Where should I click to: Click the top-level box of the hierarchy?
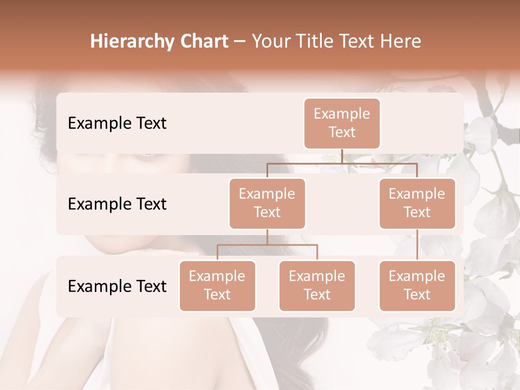coord(342,123)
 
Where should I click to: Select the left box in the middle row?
coord(267,203)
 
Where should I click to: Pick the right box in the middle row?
coord(417,203)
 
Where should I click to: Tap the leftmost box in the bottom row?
coord(217,285)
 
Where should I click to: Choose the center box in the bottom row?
coord(317,285)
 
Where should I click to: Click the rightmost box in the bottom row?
coord(417,285)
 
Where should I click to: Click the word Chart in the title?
coord(203,41)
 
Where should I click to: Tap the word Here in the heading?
coord(400,41)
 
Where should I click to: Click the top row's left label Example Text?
coord(117,123)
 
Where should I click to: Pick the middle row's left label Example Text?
coord(117,204)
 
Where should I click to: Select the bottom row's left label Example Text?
coord(117,286)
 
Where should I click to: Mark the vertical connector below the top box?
coord(342,156)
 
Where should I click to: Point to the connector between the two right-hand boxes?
coord(417,245)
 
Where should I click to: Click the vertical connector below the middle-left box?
coord(267,237)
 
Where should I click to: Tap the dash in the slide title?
coord(240,42)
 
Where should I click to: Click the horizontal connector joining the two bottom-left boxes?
coord(267,245)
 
